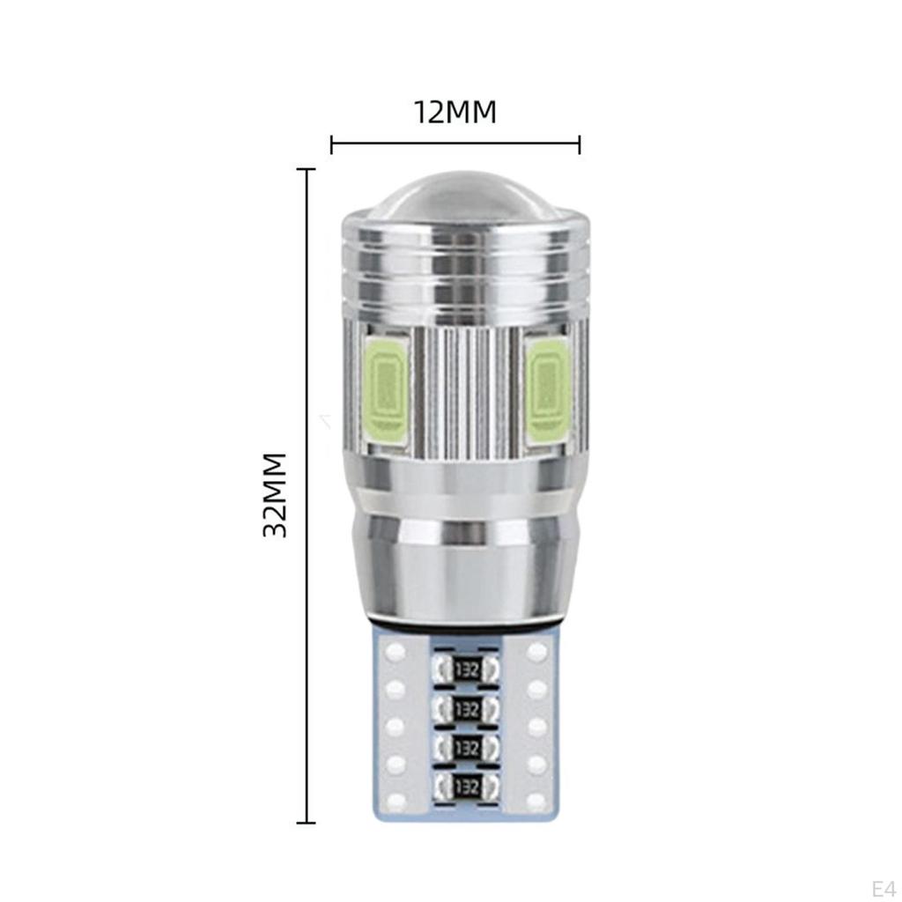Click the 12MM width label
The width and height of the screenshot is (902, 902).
point(455,112)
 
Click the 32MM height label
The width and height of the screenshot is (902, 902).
point(276,494)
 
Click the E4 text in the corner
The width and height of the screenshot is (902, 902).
point(882,885)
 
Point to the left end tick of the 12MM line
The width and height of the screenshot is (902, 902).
point(331,144)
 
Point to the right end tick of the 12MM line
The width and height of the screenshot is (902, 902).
point(579,144)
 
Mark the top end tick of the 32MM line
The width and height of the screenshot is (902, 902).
point(306,169)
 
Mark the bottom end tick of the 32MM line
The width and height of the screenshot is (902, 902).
point(306,823)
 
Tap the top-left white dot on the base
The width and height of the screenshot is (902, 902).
point(396,653)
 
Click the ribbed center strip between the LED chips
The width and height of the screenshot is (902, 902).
point(467,388)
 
